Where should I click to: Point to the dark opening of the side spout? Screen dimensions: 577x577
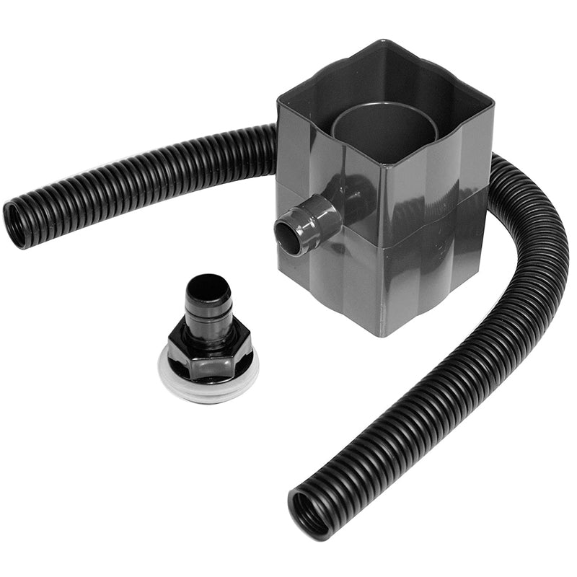click(x=287, y=239)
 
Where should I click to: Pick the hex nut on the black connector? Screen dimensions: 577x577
click(x=210, y=353)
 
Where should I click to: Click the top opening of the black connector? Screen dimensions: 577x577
click(x=208, y=285)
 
